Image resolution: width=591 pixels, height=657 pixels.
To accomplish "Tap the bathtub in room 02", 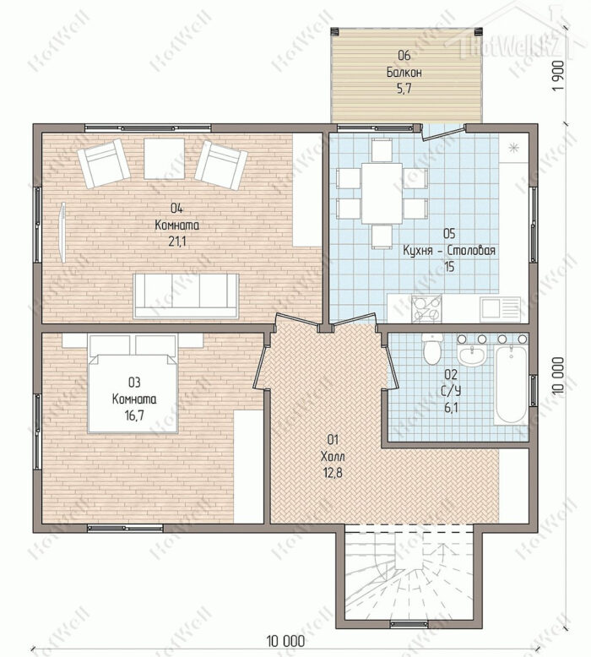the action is tap(511, 385).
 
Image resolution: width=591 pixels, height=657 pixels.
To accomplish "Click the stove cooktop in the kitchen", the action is tap(426, 309).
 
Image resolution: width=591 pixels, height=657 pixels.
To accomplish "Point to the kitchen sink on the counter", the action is tap(500, 309).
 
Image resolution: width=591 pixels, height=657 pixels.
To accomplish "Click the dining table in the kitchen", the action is tap(382, 193).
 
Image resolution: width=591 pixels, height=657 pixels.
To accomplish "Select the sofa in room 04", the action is tap(186, 296).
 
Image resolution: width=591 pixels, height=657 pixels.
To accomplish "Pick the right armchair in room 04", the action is tap(221, 165).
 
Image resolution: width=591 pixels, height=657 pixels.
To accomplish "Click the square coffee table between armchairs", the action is tap(164, 159).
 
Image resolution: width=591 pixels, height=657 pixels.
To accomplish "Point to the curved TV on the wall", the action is tap(62, 232).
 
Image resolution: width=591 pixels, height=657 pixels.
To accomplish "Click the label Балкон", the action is tap(404, 73).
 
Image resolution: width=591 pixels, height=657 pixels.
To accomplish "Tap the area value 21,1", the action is tap(176, 242).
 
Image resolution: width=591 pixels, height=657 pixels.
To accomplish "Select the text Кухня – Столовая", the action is tap(449, 251).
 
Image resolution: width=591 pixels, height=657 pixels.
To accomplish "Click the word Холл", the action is tap(333, 456).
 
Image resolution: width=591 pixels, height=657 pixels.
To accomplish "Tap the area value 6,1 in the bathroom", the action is tap(450, 407).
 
